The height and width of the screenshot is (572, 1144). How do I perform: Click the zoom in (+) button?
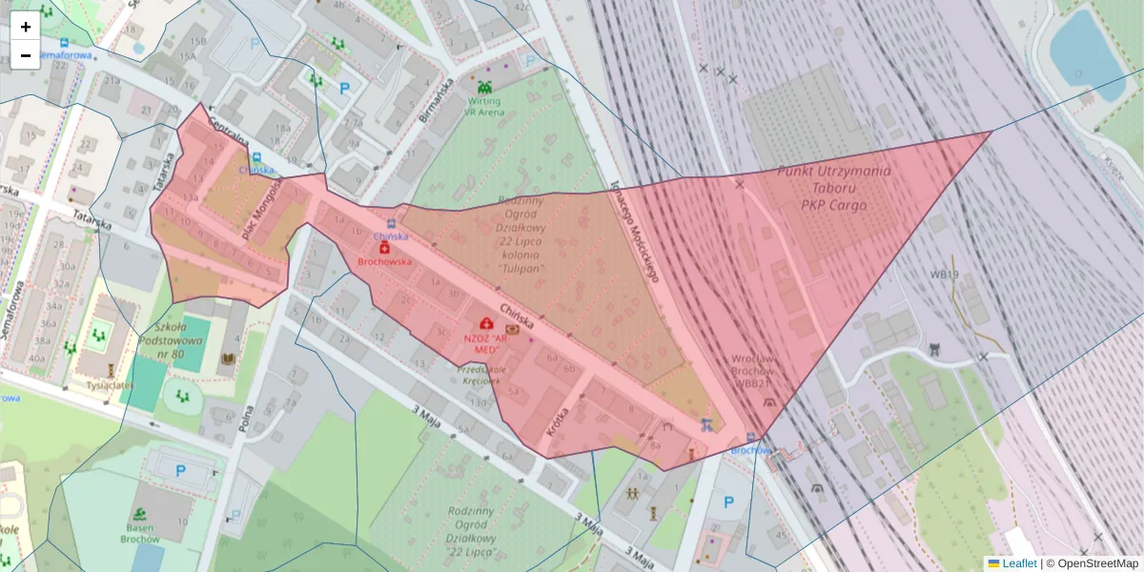point(26,27)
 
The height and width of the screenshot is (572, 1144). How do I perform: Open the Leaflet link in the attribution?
point(1018,563)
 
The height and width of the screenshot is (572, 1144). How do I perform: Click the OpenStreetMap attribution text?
point(1097,563)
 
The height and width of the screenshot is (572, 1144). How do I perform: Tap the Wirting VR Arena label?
point(483,106)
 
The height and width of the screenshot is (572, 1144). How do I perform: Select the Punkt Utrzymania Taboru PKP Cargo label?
point(821,188)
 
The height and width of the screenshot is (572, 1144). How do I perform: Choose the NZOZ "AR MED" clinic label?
point(482,344)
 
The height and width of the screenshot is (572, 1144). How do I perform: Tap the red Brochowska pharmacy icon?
point(384,247)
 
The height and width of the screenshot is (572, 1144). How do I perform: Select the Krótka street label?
point(558,419)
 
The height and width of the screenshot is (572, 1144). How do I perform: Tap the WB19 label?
point(944,275)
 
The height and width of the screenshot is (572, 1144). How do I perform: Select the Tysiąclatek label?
point(110,385)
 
